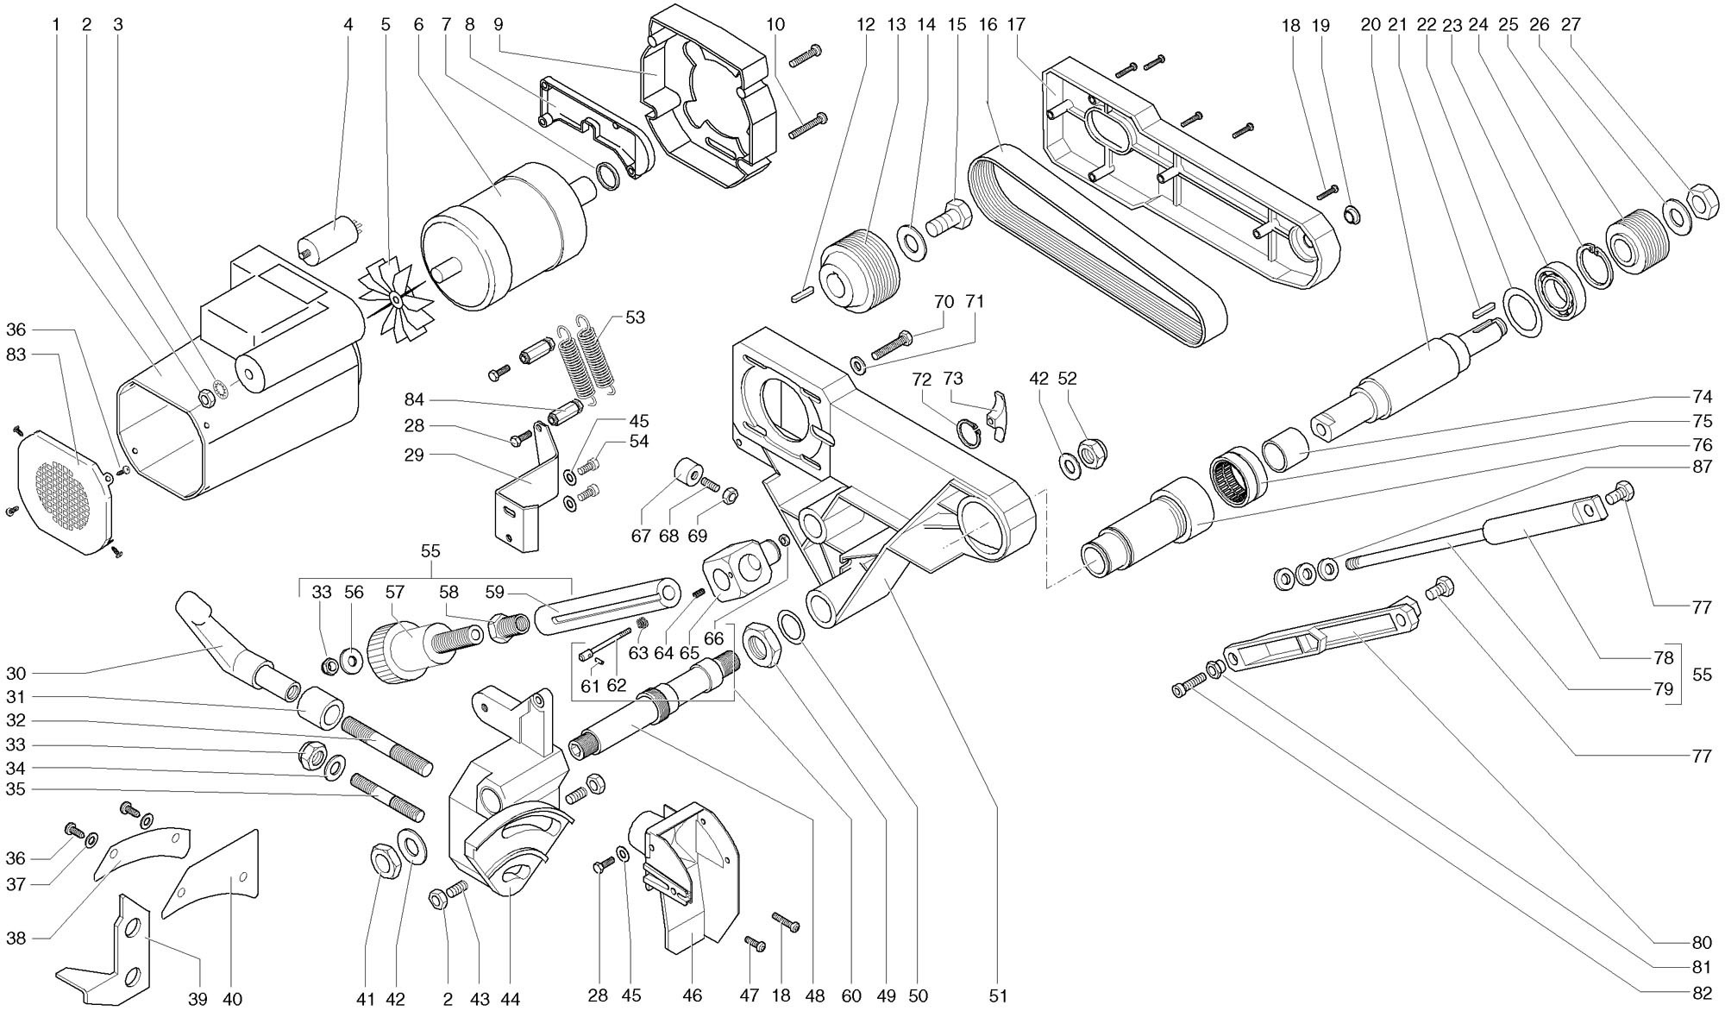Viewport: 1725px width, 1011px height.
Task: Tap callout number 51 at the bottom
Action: point(998,995)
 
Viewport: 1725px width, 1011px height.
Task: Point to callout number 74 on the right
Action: point(1702,397)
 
